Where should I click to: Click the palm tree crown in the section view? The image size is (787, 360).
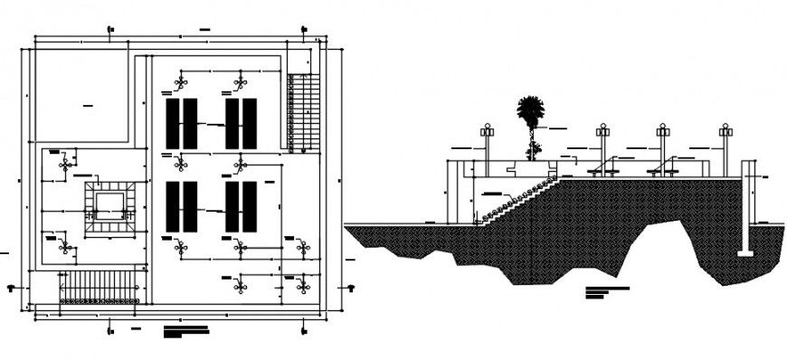(x=530, y=112)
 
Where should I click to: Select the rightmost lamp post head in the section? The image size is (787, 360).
(x=725, y=131)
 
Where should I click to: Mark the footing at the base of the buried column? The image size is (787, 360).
(x=745, y=253)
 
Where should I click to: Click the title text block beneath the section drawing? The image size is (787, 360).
(x=607, y=291)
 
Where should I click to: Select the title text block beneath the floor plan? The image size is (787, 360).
(x=185, y=331)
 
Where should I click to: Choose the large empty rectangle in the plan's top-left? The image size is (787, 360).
(x=81, y=95)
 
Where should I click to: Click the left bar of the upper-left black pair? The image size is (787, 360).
(x=171, y=124)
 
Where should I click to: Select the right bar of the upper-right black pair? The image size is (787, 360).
(x=250, y=124)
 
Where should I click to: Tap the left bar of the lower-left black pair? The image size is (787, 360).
(x=171, y=206)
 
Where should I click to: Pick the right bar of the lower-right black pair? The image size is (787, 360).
(x=250, y=206)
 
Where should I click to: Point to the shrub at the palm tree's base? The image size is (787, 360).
(x=534, y=149)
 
